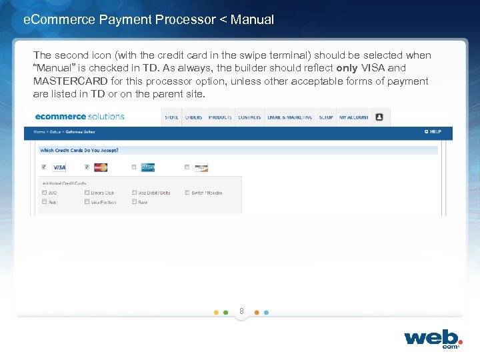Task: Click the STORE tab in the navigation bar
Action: pos(171,117)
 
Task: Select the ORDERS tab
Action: pos(193,117)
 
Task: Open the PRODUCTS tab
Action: pos(220,117)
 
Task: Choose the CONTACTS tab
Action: pos(249,117)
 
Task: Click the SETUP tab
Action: pos(325,117)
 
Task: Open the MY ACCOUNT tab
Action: pos(353,117)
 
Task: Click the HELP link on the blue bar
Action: pos(433,132)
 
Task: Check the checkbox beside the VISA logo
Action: pos(44,167)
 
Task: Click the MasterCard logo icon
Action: pos(101,167)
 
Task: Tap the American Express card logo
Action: pos(148,167)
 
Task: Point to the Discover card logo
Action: pos(201,167)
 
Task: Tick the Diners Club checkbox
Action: pos(87,193)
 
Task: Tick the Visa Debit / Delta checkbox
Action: pos(134,193)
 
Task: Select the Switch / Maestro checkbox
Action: pos(187,193)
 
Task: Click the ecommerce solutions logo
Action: pos(79,117)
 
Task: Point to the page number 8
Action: pos(241,311)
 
